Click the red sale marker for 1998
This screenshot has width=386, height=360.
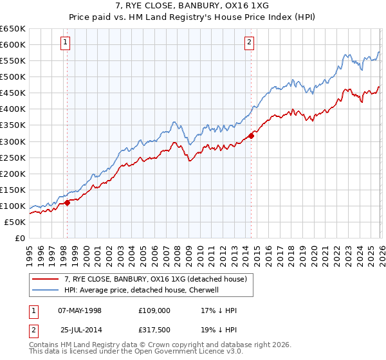click(68, 203)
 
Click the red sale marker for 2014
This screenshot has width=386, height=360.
click(252, 136)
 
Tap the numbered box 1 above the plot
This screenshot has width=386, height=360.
click(66, 43)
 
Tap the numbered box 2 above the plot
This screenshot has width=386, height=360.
click(249, 43)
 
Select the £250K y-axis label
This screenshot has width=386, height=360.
click(14, 157)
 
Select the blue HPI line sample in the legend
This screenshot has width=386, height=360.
click(46, 291)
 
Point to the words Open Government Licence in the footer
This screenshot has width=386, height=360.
click(174, 353)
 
